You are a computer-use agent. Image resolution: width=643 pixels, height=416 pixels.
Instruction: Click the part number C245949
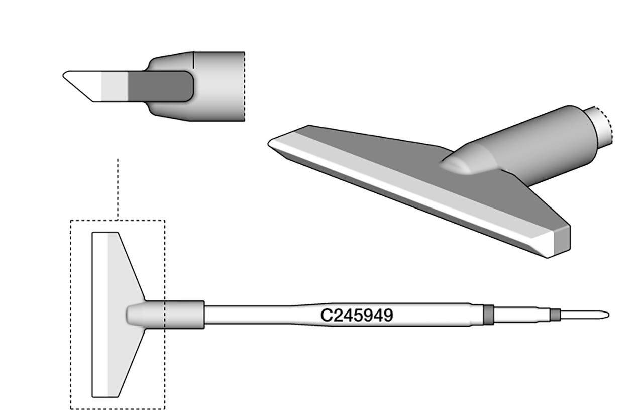[x=357, y=315]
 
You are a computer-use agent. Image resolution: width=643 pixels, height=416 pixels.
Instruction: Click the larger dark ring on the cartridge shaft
[x=487, y=315]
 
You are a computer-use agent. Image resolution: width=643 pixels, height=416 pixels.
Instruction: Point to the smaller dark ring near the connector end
[x=554, y=315]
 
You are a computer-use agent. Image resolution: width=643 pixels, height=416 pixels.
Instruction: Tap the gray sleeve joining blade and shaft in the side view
[x=183, y=315]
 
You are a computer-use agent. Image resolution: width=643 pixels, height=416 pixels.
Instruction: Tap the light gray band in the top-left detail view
[x=115, y=86]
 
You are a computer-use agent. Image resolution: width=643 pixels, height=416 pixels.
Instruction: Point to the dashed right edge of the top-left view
[x=244, y=86]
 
